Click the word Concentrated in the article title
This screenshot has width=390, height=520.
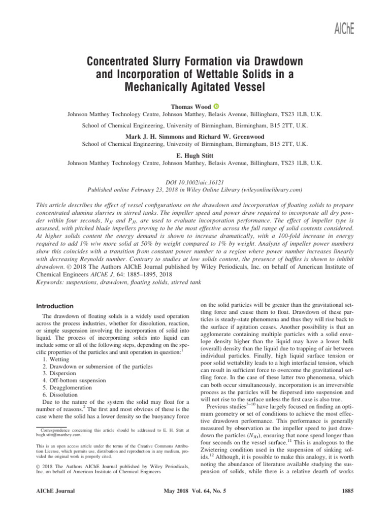coord(125,62)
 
